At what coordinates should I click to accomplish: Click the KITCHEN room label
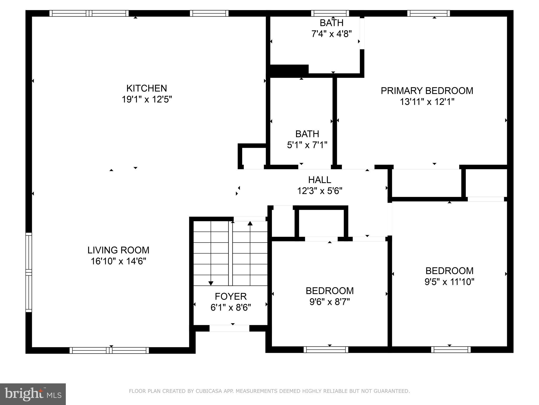147,88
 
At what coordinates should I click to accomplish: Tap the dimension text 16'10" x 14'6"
118,261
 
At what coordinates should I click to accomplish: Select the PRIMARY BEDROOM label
427,91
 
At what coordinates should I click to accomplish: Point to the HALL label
320,180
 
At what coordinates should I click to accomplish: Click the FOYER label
231,296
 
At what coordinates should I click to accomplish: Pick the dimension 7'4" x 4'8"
331,34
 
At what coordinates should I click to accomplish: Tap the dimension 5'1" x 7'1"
307,145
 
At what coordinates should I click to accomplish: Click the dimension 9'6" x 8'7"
330,302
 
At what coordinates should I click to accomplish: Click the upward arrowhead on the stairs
250,224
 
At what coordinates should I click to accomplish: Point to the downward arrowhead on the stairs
211,283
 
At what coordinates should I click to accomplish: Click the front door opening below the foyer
229,328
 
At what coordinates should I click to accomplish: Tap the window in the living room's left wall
29,272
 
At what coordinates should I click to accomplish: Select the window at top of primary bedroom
428,13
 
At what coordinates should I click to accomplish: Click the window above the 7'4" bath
330,13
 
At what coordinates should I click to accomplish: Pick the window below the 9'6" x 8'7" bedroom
326,350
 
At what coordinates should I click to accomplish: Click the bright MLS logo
33,394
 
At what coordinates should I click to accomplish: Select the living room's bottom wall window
109,350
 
